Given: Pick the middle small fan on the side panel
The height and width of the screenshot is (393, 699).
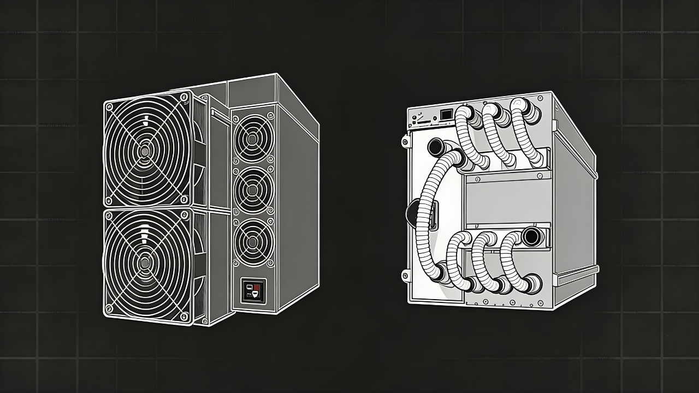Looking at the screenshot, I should (x=252, y=189).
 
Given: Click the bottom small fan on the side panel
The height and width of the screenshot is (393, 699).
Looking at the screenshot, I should (x=252, y=241).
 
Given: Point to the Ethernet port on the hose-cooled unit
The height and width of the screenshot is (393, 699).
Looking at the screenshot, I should (x=445, y=114).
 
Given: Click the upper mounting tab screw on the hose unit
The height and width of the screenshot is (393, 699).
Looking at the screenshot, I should (x=405, y=141).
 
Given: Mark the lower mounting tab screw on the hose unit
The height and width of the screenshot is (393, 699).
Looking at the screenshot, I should (x=405, y=274).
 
